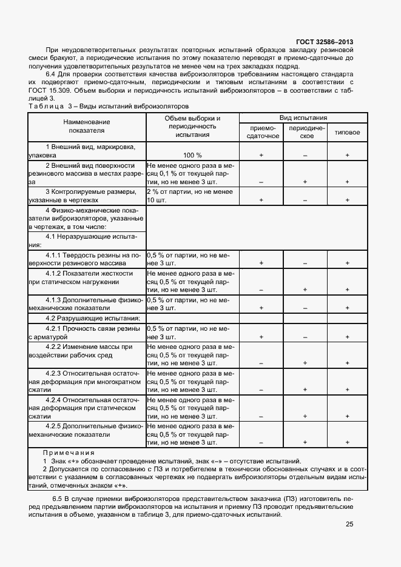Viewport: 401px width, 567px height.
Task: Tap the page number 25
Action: pyautogui.click(x=349, y=525)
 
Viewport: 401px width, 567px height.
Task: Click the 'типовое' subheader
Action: pyautogui.click(x=347, y=133)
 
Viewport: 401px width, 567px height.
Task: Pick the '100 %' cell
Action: pyautogui.click(x=192, y=155)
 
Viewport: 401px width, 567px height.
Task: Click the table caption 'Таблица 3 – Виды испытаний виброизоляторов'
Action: pyautogui.click(x=103, y=106)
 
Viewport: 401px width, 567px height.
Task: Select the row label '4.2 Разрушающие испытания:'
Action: pyautogui.click(x=93, y=318)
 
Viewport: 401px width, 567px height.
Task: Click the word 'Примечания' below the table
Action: pyautogui.click(x=68, y=453)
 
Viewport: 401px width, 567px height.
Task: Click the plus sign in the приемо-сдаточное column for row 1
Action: pyautogui.click(x=261, y=156)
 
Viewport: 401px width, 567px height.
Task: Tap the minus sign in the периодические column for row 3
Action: pyautogui.click(x=305, y=199)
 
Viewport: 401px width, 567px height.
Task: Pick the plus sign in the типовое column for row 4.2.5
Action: pyautogui.click(x=347, y=442)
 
